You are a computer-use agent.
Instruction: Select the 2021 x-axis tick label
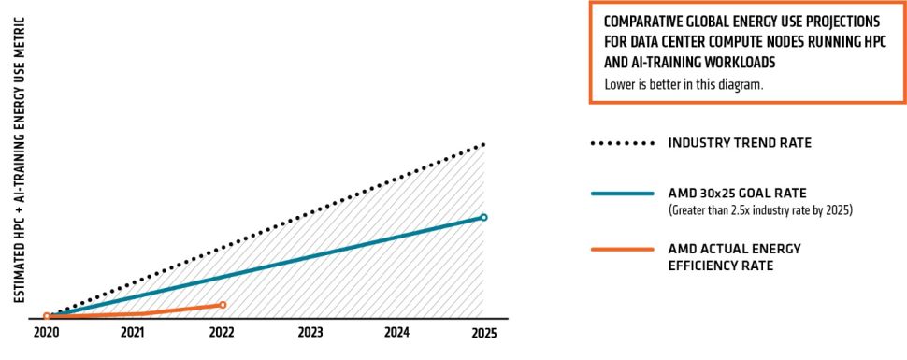(134, 333)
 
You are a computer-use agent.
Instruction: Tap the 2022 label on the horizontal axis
(222, 333)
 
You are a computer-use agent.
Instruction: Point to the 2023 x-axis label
(310, 333)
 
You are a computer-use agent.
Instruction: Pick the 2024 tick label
(396, 333)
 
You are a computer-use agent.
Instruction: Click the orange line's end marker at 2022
(223, 305)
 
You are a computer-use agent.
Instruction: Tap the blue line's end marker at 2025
(483, 217)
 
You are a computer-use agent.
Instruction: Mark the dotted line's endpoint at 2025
(483, 145)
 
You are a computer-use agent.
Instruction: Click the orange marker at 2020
(47, 317)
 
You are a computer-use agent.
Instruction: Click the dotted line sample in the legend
(622, 144)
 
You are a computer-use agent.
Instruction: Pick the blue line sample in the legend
(622, 194)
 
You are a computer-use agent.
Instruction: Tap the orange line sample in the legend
(622, 249)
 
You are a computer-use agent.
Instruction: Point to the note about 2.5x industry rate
(760, 210)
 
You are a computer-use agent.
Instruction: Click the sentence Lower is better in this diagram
(684, 85)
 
